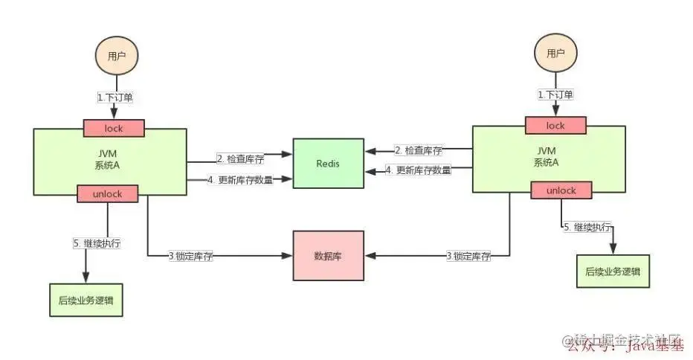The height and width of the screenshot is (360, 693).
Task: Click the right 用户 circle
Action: [x=555, y=53]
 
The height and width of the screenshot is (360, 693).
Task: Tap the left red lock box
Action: [x=113, y=129]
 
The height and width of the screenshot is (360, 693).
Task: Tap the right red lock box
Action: [x=555, y=126]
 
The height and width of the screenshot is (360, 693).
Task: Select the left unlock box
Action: [x=109, y=193]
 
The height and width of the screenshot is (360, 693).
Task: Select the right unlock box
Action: [x=561, y=190]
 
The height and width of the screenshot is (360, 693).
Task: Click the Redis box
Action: [x=327, y=164]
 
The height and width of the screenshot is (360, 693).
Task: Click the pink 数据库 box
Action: [x=327, y=256]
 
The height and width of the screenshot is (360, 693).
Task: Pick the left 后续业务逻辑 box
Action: [x=86, y=301]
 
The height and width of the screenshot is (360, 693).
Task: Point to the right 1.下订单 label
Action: [x=555, y=95]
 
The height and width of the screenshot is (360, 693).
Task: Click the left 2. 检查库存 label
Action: [x=238, y=158]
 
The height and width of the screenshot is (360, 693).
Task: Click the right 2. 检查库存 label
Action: [x=418, y=150]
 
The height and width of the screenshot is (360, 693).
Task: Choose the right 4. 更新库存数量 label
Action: [x=418, y=170]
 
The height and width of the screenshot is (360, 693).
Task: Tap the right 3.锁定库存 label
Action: [x=468, y=257]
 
